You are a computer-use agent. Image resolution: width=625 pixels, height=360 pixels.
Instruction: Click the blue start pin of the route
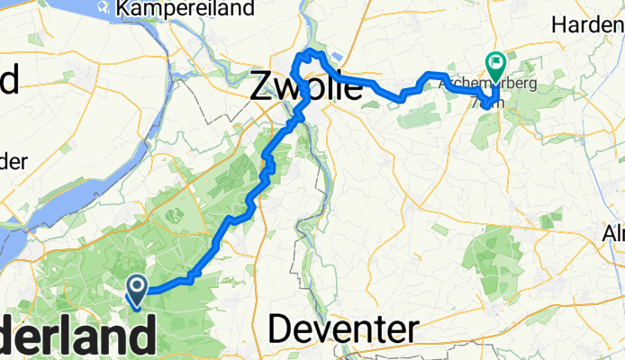point(138,290)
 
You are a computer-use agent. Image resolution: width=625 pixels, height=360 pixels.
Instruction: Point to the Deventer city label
point(344,330)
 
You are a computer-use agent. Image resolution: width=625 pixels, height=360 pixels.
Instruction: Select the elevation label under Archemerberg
point(485,102)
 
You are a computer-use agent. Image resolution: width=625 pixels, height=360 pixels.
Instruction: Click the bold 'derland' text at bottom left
point(76,338)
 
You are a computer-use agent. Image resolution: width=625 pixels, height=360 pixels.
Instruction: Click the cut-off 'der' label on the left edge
point(13,160)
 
